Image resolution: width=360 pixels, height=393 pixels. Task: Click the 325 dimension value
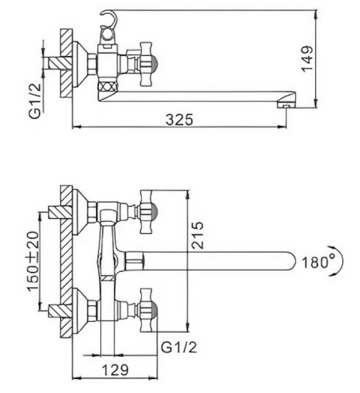click(179, 119)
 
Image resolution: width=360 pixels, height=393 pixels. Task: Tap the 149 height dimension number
click(307, 59)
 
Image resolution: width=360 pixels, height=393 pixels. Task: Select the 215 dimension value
click(197, 235)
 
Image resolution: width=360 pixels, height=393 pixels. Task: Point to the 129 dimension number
click(115, 370)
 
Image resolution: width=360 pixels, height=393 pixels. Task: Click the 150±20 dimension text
click(33, 261)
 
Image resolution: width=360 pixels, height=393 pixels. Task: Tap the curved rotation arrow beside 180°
click(339, 261)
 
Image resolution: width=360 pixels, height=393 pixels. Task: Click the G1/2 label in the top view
click(35, 101)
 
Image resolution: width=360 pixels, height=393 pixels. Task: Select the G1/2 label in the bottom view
click(179, 347)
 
